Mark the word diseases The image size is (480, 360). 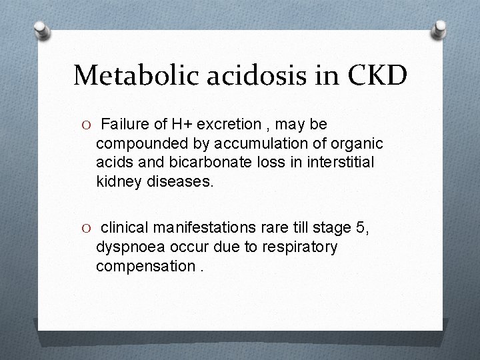[x=179, y=181]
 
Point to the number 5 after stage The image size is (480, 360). [x=362, y=228]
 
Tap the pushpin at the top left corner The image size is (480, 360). [x=41, y=29]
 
